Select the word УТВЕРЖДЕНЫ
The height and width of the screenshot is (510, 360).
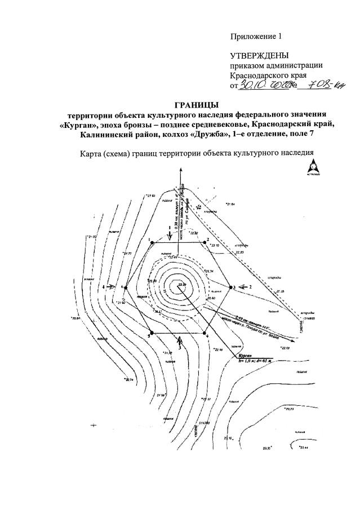(x=259, y=55)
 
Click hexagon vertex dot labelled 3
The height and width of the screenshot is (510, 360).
(x=229, y=288)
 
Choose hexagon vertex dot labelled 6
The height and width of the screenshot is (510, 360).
(x=126, y=288)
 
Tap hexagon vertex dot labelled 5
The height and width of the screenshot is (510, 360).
(x=152, y=332)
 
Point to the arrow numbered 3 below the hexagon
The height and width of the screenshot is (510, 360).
(x=180, y=340)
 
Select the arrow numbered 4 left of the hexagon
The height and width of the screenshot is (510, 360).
(x=112, y=287)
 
